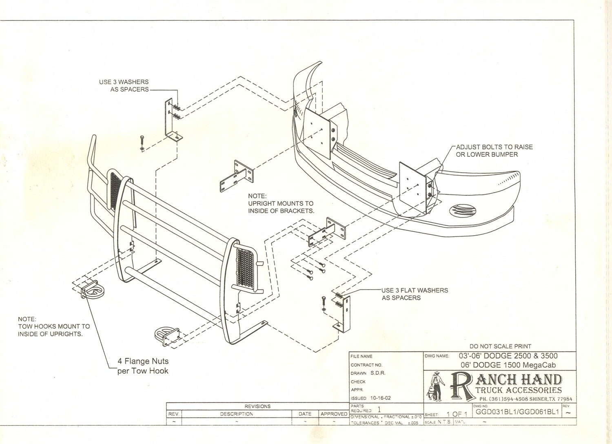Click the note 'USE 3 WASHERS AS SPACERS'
point(124,85)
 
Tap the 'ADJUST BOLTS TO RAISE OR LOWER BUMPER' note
point(494,150)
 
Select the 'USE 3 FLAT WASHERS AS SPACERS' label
point(414,294)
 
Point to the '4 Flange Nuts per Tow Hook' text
point(143,366)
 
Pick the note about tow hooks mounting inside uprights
point(53,326)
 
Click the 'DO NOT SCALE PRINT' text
point(500,346)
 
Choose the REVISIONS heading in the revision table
point(257,406)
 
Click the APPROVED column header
point(334,414)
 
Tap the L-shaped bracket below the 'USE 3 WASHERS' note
point(171,120)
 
